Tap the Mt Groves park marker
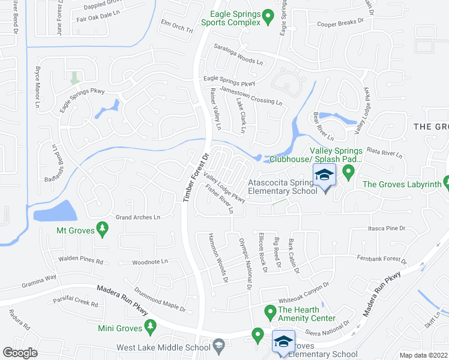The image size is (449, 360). point(102,229)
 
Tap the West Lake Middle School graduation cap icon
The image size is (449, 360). point(220,346)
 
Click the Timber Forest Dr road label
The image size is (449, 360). point(196,174)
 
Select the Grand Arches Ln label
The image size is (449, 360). point(138,217)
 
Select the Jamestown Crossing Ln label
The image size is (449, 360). point(252,95)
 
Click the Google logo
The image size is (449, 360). point(20,353)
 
